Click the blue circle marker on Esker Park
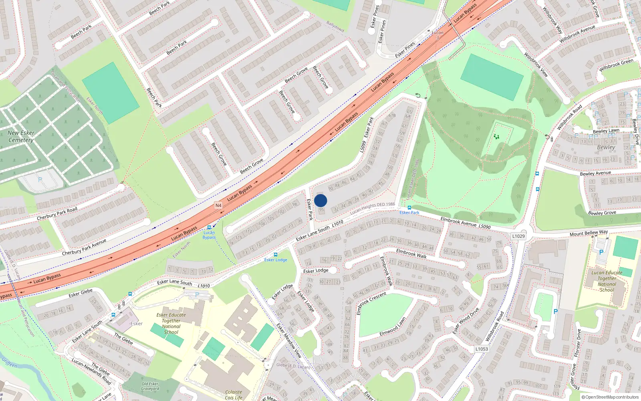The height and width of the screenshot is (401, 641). (320, 200)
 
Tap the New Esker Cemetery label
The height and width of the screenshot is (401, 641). (21, 136)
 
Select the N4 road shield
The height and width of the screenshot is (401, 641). (218, 205)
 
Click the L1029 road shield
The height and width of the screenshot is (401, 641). (518, 236)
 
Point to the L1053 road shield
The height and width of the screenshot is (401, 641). (482, 349)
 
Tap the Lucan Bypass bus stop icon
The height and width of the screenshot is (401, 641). (209, 227)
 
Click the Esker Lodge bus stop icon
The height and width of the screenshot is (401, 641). (275, 255)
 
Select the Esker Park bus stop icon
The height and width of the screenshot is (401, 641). (409, 208)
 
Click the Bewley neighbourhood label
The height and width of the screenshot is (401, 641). (606, 147)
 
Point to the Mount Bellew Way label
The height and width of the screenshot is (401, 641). (589, 233)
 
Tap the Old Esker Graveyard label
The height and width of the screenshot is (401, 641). (150, 386)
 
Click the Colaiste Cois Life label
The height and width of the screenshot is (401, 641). (234, 395)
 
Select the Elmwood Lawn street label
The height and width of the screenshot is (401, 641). (393, 327)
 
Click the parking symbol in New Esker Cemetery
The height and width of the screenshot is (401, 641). (40, 179)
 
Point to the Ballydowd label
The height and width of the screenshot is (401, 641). (335, 27)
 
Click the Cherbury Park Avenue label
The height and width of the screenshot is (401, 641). (84, 247)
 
